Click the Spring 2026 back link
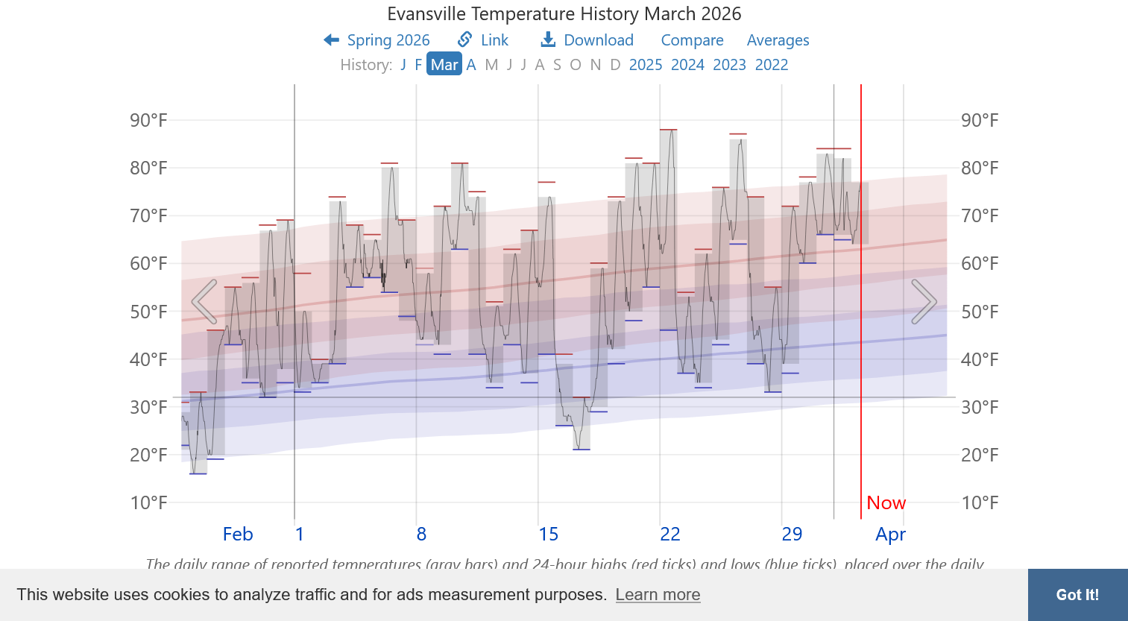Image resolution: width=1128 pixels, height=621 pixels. [377, 40]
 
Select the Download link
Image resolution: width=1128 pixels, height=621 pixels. [587, 40]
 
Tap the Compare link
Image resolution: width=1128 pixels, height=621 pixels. [692, 40]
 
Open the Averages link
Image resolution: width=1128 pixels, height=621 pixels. [778, 40]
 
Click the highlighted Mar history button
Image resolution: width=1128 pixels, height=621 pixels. [444, 65]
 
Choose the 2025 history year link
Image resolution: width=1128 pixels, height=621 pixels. [646, 65]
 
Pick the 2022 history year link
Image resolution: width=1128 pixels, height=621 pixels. [772, 65]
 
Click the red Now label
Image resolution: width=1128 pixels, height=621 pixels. [886, 503]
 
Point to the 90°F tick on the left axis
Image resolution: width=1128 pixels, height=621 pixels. [148, 120]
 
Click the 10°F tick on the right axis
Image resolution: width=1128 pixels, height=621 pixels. [980, 502]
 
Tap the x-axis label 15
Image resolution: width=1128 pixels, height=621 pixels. [549, 535]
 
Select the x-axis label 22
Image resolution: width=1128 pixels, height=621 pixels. [670, 535]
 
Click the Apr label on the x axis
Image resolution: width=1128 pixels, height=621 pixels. [891, 535]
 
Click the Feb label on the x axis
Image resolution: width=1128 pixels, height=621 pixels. [238, 535]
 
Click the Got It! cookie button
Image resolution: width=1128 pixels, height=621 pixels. [1077, 595]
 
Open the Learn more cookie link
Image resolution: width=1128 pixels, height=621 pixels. [658, 595]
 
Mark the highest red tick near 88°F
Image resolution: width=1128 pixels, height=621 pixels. [668, 130]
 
